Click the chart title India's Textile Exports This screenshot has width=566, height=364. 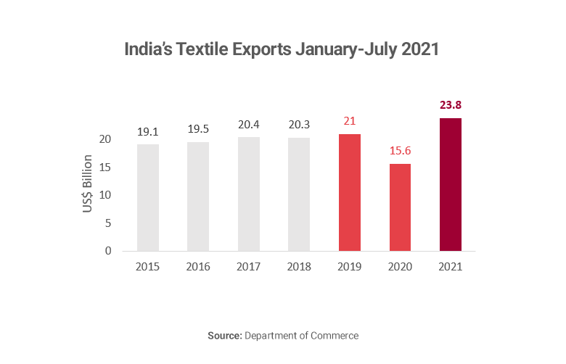pyautogui.click(x=282, y=50)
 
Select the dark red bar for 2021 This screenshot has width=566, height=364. pyautogui.click(x=451, y=185)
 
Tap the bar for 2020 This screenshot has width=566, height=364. pyautogui.click(x=400, y=207)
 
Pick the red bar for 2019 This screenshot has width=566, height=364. pyautogui.click(x=350, y=193)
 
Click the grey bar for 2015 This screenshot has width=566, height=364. pyautogui.click(x=148, y=197)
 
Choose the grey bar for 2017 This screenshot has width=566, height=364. pyautogui.click(x=249, y=194)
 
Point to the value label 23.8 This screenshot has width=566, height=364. pyautogui.click(x=451, y=105)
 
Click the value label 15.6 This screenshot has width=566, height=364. pyautogui.click(x=400, y=151)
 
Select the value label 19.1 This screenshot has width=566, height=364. pyautogui.click(x=148, y=131)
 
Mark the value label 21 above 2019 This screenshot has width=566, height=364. pyautogui.click(x=350, y=121)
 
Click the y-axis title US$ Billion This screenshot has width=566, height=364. pyautogui.click(x=88, y=183)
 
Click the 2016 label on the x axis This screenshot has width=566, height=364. pyautogui.click(x=198, y=267)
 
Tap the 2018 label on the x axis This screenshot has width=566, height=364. pyautogui.click(x=299, y=267)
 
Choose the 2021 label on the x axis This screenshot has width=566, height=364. pyautogui.click(x=451, y=267)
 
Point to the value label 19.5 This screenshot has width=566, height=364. pyautogui.click(x=198, y=129)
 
